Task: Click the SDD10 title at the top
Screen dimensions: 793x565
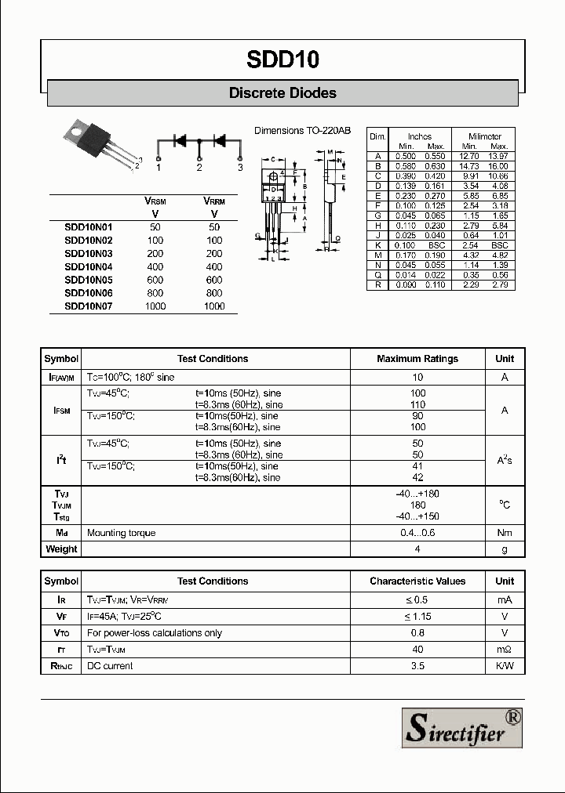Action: click(x=282, y=60)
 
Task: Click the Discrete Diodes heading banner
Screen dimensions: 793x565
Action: click(x=282, y=93)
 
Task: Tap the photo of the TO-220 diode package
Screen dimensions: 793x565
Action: click(x=97, y=144)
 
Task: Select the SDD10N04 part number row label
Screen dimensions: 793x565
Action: click(x=88, y=266)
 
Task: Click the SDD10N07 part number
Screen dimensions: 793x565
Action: click(x=88, y=306)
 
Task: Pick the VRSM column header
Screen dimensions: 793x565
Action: click(x=155, y=201)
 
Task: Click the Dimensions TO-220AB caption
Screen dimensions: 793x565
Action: click(x=302, y=131)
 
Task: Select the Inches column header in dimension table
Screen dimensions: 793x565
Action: click(x=420, y=136)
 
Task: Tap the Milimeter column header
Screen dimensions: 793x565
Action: click(x=484, y=136)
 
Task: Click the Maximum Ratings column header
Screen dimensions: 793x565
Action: click(x=417, y=359)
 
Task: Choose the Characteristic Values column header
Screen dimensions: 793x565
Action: click(x=417, y=581)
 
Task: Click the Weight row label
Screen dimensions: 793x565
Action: click(x=61, y=549)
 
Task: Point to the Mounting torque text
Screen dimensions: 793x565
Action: click(x=121, y=533)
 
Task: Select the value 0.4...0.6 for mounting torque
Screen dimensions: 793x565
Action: click(x=417, y=533)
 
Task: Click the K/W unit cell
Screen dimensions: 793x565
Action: click(x=505, y=666)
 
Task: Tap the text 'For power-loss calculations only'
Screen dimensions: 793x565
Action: click(x=155, y=633)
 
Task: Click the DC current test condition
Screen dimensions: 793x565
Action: click(x=110, y=666)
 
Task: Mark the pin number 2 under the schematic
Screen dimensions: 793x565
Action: click(x=199, y=168)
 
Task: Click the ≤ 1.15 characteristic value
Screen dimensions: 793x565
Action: click(x=417, y=617)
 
